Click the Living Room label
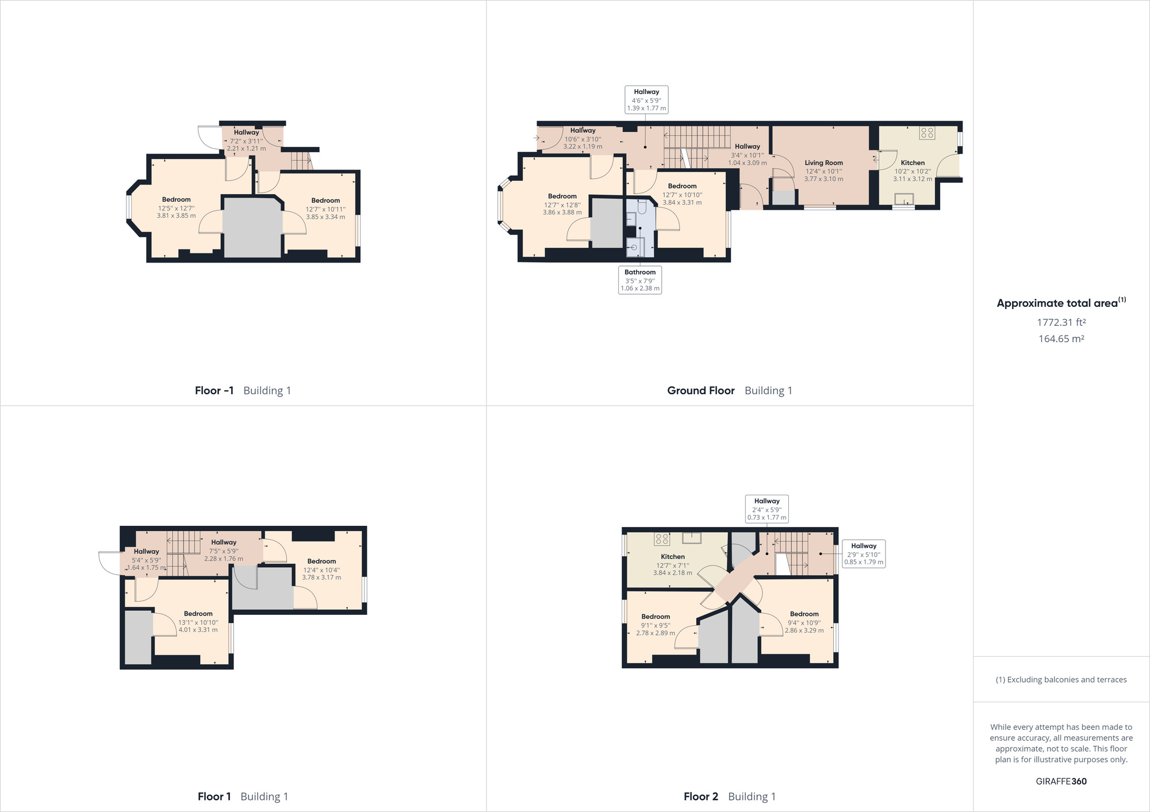click(823, 163)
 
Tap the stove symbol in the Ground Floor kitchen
click(927, 133)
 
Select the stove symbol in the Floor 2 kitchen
click(662, 539)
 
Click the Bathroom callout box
click(640, 280)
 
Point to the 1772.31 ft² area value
click(1061, 322)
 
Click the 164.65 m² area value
click(1061, 339)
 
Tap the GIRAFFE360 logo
click(1061, 781)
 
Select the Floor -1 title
click(214, 391)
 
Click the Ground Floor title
click(700, 391)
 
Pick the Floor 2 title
click(700, 796)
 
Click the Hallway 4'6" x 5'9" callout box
click(646, 100)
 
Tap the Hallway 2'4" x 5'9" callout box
click(766, 509)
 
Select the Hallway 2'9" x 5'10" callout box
click(864, 554)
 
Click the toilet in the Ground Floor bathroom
click(642, 206)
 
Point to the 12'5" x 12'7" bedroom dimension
click(177, 209)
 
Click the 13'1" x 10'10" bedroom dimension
click(198, 622)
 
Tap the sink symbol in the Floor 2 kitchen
click(692, 538)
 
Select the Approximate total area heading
click(1061, 303)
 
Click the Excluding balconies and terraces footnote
click(1061, 680)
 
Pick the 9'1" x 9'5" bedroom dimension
click(655, 625)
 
